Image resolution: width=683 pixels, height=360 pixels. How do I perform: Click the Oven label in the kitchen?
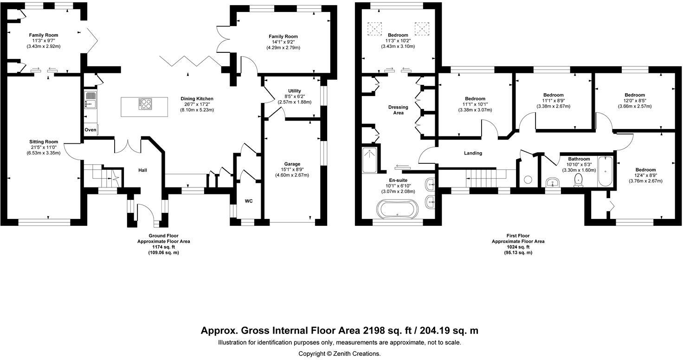(x=90, y=130)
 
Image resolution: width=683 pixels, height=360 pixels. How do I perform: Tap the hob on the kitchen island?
(x=146, y=104)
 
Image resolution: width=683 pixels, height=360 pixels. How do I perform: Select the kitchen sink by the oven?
(x=90, y=100)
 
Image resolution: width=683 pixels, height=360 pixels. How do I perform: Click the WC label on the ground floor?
(x=249, y=201)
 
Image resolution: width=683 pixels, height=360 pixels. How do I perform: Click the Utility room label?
(x=295, y=91)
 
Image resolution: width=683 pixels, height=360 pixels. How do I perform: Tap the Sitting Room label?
(x=44, y=142)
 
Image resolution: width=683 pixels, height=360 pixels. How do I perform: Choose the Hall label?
(x=142, y=170)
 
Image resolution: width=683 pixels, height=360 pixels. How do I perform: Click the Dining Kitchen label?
(x=197, y=99)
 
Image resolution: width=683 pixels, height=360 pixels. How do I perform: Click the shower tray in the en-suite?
(x=370, y=160)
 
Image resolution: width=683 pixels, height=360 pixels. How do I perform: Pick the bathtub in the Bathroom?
(x=606, y=172)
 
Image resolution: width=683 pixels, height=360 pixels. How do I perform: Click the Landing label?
(x=473, y=153)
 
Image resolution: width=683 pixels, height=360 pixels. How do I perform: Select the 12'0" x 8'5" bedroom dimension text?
(x=635, y=101)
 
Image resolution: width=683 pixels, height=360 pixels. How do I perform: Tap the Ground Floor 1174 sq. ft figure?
(x=163, y=247)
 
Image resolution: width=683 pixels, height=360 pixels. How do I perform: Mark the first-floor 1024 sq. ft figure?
(x=518, y=247)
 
